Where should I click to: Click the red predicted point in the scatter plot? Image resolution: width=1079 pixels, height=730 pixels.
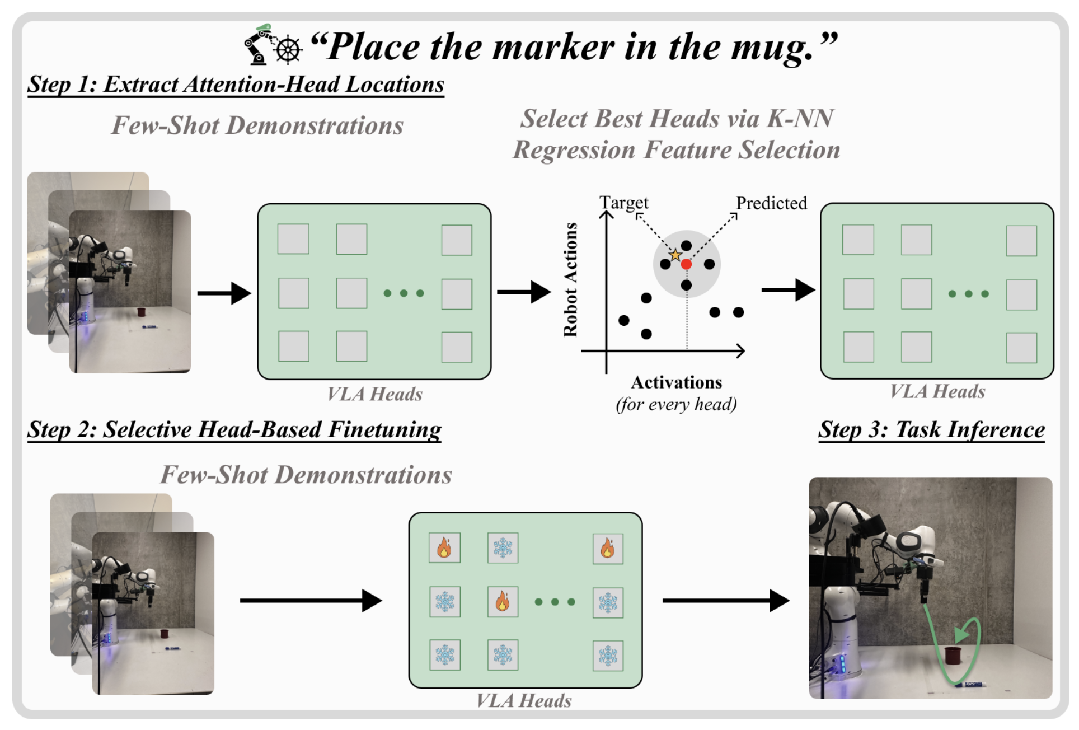pyautogui.click(x=686, y=264)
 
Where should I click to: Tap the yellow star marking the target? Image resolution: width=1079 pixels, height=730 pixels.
pyautogui.click(x=675, y=255)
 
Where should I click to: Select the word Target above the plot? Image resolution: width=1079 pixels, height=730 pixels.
pyautogui.click(x=623, y=202)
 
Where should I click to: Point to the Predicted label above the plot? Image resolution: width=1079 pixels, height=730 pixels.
pyautogui.click(x=771, y=203)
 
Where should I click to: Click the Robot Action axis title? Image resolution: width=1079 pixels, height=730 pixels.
pyautogui.click(x=570, y=280)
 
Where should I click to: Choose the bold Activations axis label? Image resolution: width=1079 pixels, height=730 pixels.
pyautogui.click(x=676, y=382)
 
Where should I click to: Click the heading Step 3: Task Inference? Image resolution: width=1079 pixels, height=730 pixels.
pyautogui.click(x=931, y=430)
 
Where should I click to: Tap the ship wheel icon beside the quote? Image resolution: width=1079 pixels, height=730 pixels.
pyautogui.click(x=288, y=49)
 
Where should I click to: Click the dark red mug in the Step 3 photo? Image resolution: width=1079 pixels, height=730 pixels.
pyautogui.click(x=952, y=655)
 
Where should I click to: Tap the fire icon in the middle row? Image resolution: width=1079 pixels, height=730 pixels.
pyautogui.click(x=502, y=602)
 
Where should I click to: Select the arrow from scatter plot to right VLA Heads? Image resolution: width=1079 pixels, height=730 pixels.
pyautogui.click(x=788, y=290)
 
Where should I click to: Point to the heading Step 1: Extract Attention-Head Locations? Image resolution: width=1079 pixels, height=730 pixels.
pyautogui.click(x=236, y=85)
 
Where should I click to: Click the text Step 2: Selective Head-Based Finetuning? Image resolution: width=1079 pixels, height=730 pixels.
pyautogui.click(x=234, y=430)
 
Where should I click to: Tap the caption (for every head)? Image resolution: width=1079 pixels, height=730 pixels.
pyautogui.click(x=676, y=404)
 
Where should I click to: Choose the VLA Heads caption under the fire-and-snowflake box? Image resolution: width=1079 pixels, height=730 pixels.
pyautogui.click(x=524, y=700)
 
